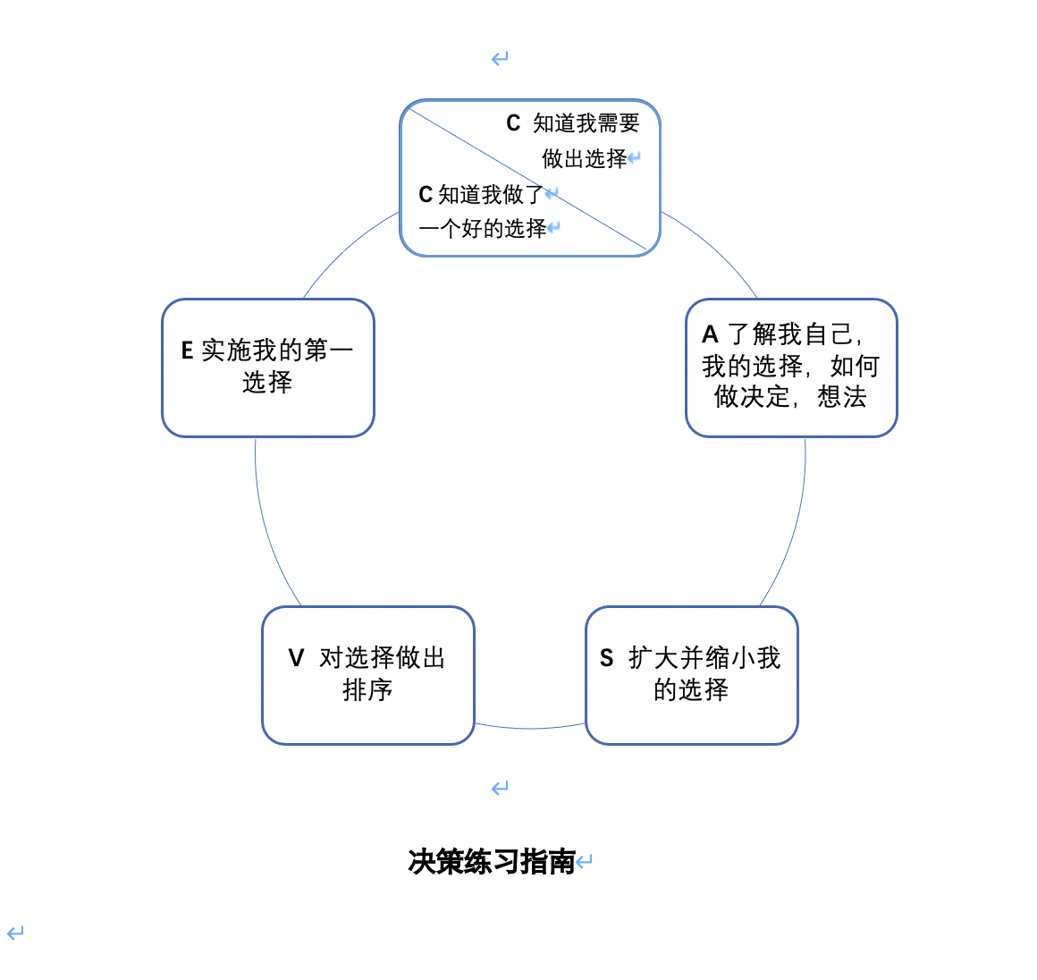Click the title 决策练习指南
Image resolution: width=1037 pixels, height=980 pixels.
tap(491, 862)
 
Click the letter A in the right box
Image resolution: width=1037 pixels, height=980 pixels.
tap(711, 334)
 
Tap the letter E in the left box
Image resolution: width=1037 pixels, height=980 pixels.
tap(187, 351)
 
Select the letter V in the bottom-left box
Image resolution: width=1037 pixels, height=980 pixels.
tap(296, 658)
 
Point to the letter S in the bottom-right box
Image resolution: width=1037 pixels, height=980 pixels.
tap(606, 658)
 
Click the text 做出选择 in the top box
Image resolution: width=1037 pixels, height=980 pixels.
tap(585, 159)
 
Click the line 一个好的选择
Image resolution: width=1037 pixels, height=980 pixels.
tap(482, 229)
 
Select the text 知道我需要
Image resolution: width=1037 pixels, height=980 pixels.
tap(586, 123)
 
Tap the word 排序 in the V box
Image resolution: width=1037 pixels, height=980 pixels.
tap(367, 690)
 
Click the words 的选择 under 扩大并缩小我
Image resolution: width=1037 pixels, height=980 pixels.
tap(691, 690)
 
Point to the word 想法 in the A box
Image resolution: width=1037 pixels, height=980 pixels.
tap(842, 397)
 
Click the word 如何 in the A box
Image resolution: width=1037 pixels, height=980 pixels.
tap(855, 367)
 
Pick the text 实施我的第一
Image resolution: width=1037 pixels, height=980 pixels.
tap(277, 351)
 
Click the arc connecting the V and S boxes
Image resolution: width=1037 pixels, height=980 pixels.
tap(529, 728)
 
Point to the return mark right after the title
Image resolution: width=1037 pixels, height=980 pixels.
tap(585, 862)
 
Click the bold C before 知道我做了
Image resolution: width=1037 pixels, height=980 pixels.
tap(426, 195)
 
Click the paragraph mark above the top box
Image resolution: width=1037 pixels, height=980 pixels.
tap(500, 59)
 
